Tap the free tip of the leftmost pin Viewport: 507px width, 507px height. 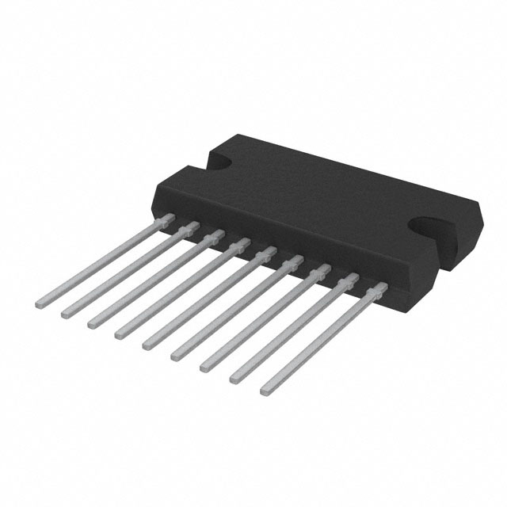click(40, 303)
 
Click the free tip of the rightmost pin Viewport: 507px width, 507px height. click(265, 390)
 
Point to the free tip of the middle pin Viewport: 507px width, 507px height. click(147, 344)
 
